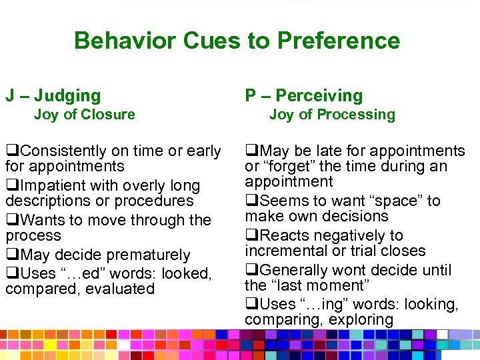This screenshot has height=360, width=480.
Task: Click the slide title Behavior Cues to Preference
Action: click(237, 41)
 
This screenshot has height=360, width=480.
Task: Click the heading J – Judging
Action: click(53, 96)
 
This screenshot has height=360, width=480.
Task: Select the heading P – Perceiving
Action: click(304, 96)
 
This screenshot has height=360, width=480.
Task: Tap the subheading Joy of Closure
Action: click(84, 115)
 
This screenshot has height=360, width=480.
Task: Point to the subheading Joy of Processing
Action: click(332, 115)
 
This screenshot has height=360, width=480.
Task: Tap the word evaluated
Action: click(121, 289)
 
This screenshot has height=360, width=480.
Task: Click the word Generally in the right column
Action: click(292, 270)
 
